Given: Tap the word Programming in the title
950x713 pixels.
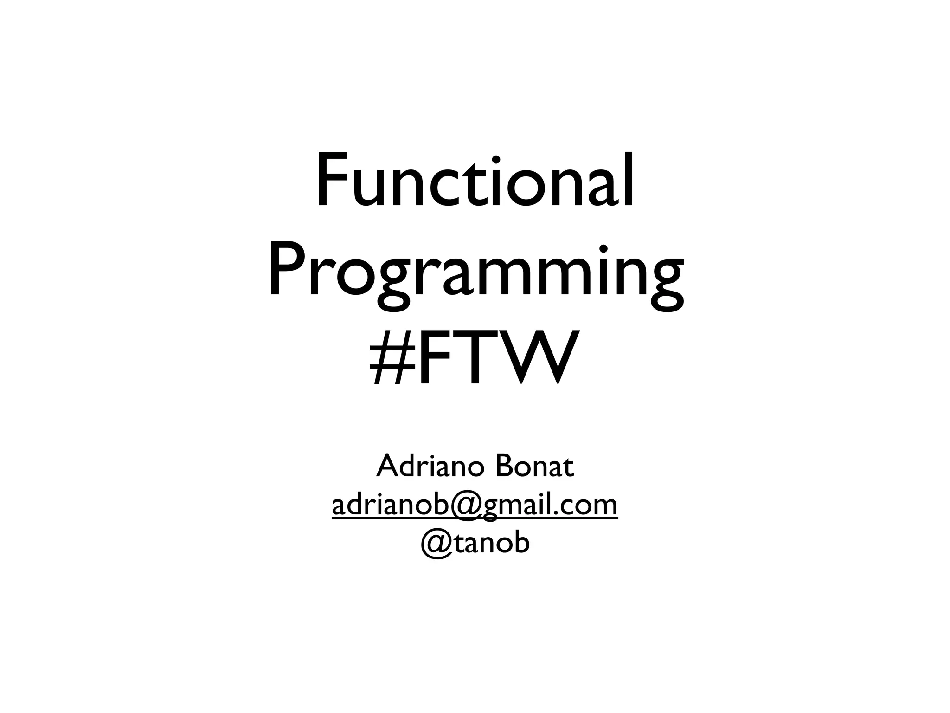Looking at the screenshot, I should (x=475, y=274).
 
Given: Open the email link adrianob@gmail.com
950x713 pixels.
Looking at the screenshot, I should (x=475, y=506).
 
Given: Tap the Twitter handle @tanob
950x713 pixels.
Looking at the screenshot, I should (x=475, y=543).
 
